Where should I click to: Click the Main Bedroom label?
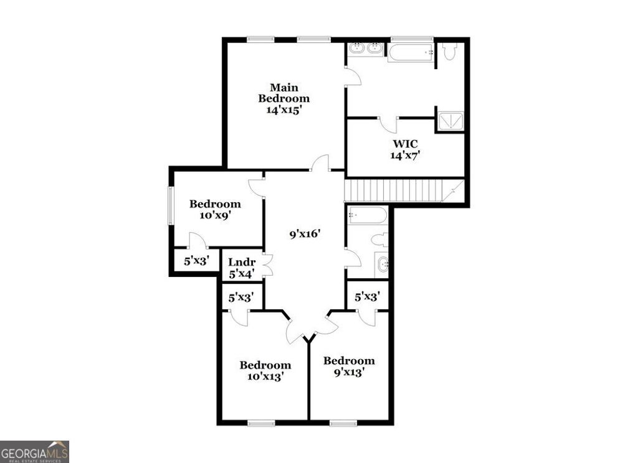tap(284, 98)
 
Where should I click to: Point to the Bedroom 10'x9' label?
tap(215, 209)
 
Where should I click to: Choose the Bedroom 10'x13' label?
tap(265, 370)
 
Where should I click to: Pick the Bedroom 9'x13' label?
tap(349, 366)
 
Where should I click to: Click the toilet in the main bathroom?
tap(450, 51)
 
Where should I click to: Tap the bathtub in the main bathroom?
tap(411, 52)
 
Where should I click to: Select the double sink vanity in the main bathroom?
tap(366, 49)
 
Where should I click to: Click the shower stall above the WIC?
tap(450, 121)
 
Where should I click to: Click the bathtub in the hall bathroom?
tap(368, 215)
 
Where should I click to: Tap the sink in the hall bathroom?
tap(382, 264)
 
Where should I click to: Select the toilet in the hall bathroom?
tap(380, 240)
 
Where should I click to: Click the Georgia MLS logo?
tap(34, 451)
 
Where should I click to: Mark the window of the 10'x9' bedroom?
tap(169, 205)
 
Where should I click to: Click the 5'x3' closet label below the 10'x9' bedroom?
tap(196, 261)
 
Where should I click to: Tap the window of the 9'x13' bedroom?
tap(343, 423)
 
